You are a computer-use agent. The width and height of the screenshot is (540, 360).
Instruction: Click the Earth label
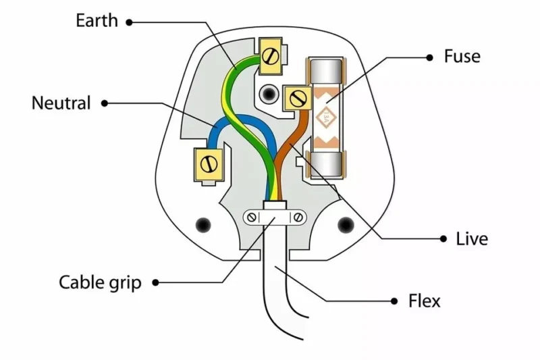point(97,21)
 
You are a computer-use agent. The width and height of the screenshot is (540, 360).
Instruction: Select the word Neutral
point(61,103)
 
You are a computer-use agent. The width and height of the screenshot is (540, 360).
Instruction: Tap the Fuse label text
point(462,56)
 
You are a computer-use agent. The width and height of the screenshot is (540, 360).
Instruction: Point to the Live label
point(472,238)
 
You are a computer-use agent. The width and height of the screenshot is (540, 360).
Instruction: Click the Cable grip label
point(101,282)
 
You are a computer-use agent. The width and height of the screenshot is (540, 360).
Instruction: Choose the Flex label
point(424,300)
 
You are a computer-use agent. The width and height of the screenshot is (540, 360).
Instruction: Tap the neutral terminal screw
point(209,163)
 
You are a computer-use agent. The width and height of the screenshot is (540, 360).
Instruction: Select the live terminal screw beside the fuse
point(296,99)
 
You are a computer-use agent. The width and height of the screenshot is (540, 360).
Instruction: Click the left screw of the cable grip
point(252,217)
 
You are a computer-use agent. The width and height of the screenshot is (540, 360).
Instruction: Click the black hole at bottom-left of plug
point(200,224)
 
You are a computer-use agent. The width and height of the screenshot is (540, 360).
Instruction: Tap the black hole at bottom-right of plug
point(346,224)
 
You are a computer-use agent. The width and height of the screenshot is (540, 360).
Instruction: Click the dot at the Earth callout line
point(129,22)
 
